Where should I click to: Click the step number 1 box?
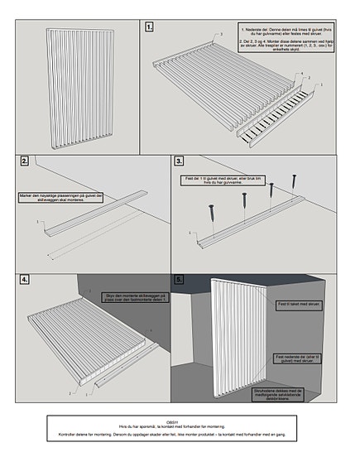[149, 27]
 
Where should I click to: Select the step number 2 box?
[26, 161]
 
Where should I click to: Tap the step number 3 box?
[180, 161]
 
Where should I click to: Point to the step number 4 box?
[26, 280]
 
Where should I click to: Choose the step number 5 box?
[180, 280]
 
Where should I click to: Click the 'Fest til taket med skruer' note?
[299, 305]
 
